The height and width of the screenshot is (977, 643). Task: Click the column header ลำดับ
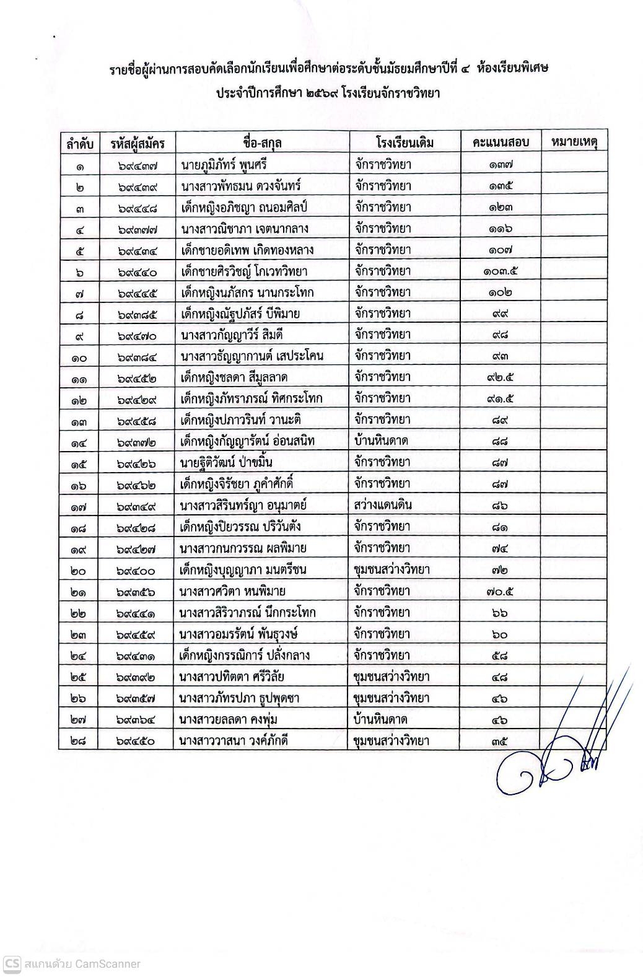pyautogui.click(x=80, y=143)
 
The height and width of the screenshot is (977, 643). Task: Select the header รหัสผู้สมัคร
pyautogui.click(x=138, y=143)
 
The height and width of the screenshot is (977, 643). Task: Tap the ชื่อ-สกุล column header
pyautogui.click(x=263, y=143)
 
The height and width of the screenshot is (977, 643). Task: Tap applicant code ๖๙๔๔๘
pyautogui.click(x=137, y=208)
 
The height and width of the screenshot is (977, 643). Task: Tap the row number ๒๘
pyautogui.click(x=79, y=741)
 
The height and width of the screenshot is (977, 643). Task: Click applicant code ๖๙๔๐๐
pyautogui.click(x=137, y=570)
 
